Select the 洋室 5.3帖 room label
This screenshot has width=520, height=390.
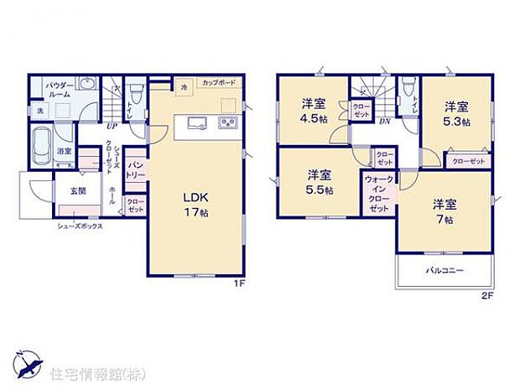(x=455, y=112)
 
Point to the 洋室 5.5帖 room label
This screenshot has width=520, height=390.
(x=318, y=182)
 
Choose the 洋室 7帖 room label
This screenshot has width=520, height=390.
(x=445, y=211)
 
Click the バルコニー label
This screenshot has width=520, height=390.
(x=444, y=271)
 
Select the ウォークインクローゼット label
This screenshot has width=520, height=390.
(x=377, y=194)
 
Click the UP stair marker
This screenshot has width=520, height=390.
(x=111, y=127)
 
